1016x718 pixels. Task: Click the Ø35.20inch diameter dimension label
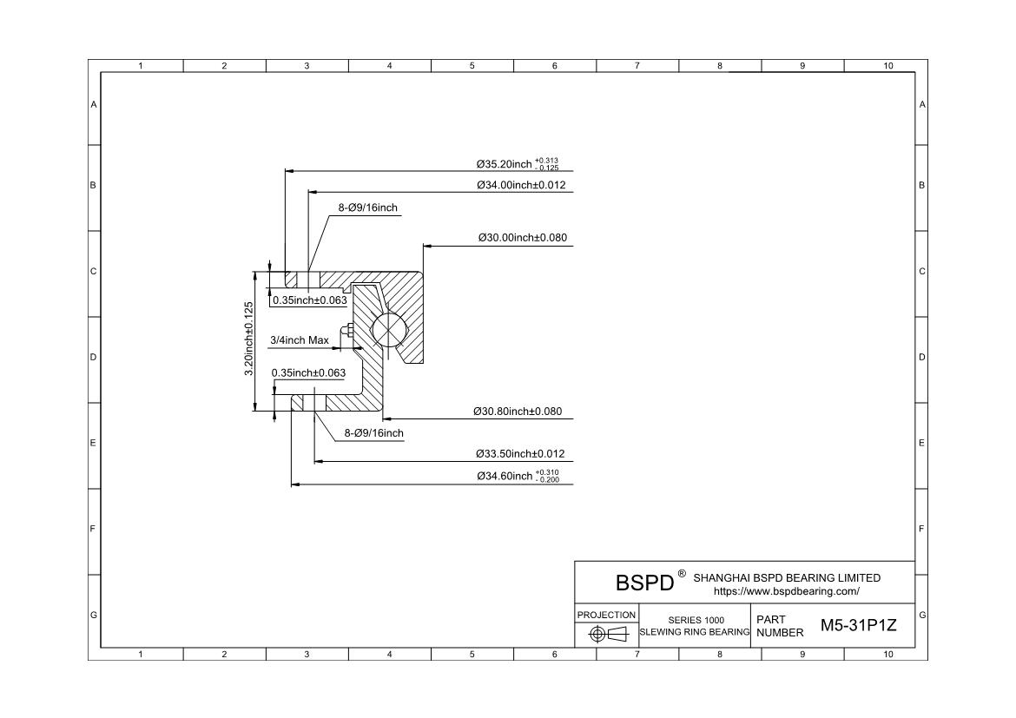518,164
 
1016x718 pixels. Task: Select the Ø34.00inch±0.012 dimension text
522,185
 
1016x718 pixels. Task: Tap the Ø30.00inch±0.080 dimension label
523,238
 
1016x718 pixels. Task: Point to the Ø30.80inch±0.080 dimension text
518,412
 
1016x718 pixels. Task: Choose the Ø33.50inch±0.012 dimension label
520,454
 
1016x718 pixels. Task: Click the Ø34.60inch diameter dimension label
518,476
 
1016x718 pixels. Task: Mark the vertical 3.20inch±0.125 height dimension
249,339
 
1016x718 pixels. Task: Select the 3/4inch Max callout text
300,340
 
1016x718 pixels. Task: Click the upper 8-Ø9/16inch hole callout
368,208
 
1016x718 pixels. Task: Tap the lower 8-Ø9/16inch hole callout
374,433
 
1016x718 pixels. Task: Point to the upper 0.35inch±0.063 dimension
310,300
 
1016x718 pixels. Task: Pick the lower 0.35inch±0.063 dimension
308,373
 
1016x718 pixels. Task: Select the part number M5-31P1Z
859,625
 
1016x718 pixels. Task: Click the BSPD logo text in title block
644,583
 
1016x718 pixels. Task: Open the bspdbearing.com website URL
787,591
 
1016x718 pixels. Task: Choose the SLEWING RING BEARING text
695,632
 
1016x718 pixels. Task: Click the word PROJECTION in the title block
606,615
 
